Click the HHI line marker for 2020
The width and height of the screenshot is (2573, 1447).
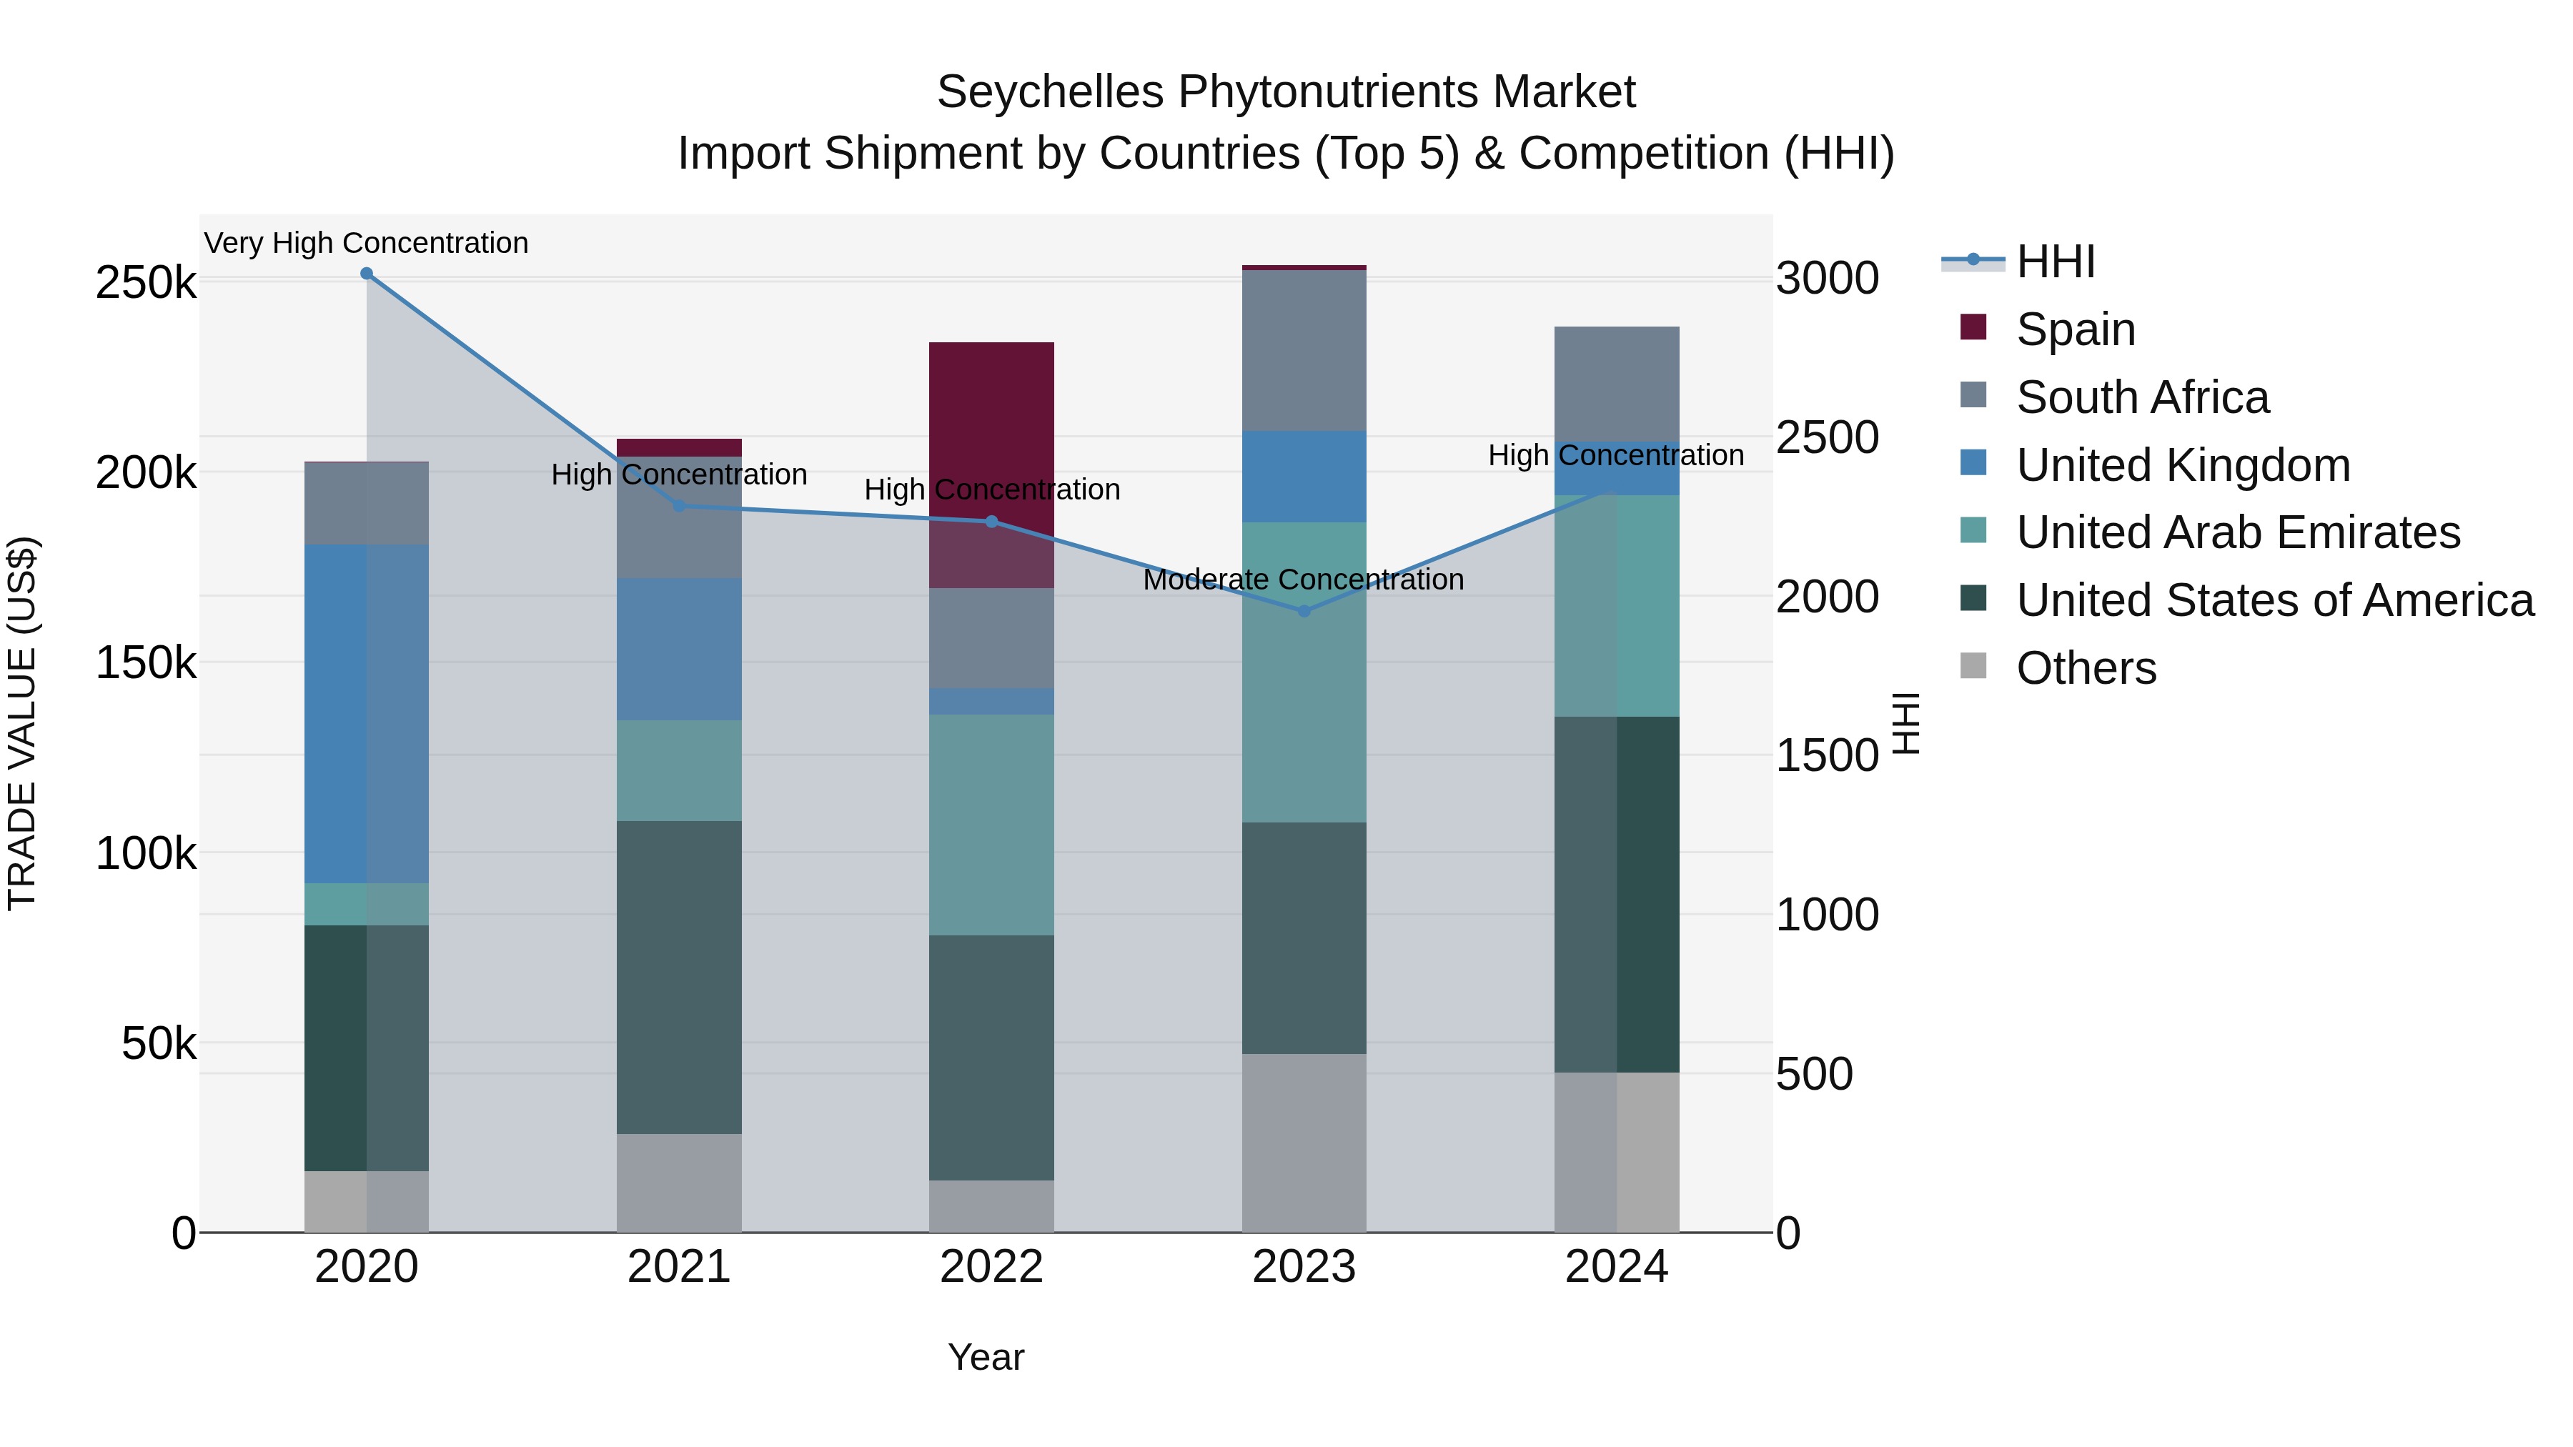tap(367, 274)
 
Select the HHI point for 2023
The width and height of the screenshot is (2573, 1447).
tap(1304, 611)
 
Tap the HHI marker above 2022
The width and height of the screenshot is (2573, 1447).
tap(992, 522)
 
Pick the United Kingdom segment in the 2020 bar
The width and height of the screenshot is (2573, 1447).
tap(367, 714)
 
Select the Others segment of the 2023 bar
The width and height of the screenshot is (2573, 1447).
tap(1304, 1143)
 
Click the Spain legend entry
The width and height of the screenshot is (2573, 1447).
tap(2075, 329)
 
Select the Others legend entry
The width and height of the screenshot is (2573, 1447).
tap(2086, 668)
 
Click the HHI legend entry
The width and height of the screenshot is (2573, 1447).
tap(2055, 262)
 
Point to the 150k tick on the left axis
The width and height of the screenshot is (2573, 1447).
tap(146, 662)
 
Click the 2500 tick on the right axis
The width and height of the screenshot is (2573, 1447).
tap(1827, 437)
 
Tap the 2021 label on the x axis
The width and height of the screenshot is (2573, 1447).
tap(679, 1267)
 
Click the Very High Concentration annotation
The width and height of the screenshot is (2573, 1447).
tap(367, 243)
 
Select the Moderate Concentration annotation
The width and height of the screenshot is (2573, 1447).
tap(1304, 580)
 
